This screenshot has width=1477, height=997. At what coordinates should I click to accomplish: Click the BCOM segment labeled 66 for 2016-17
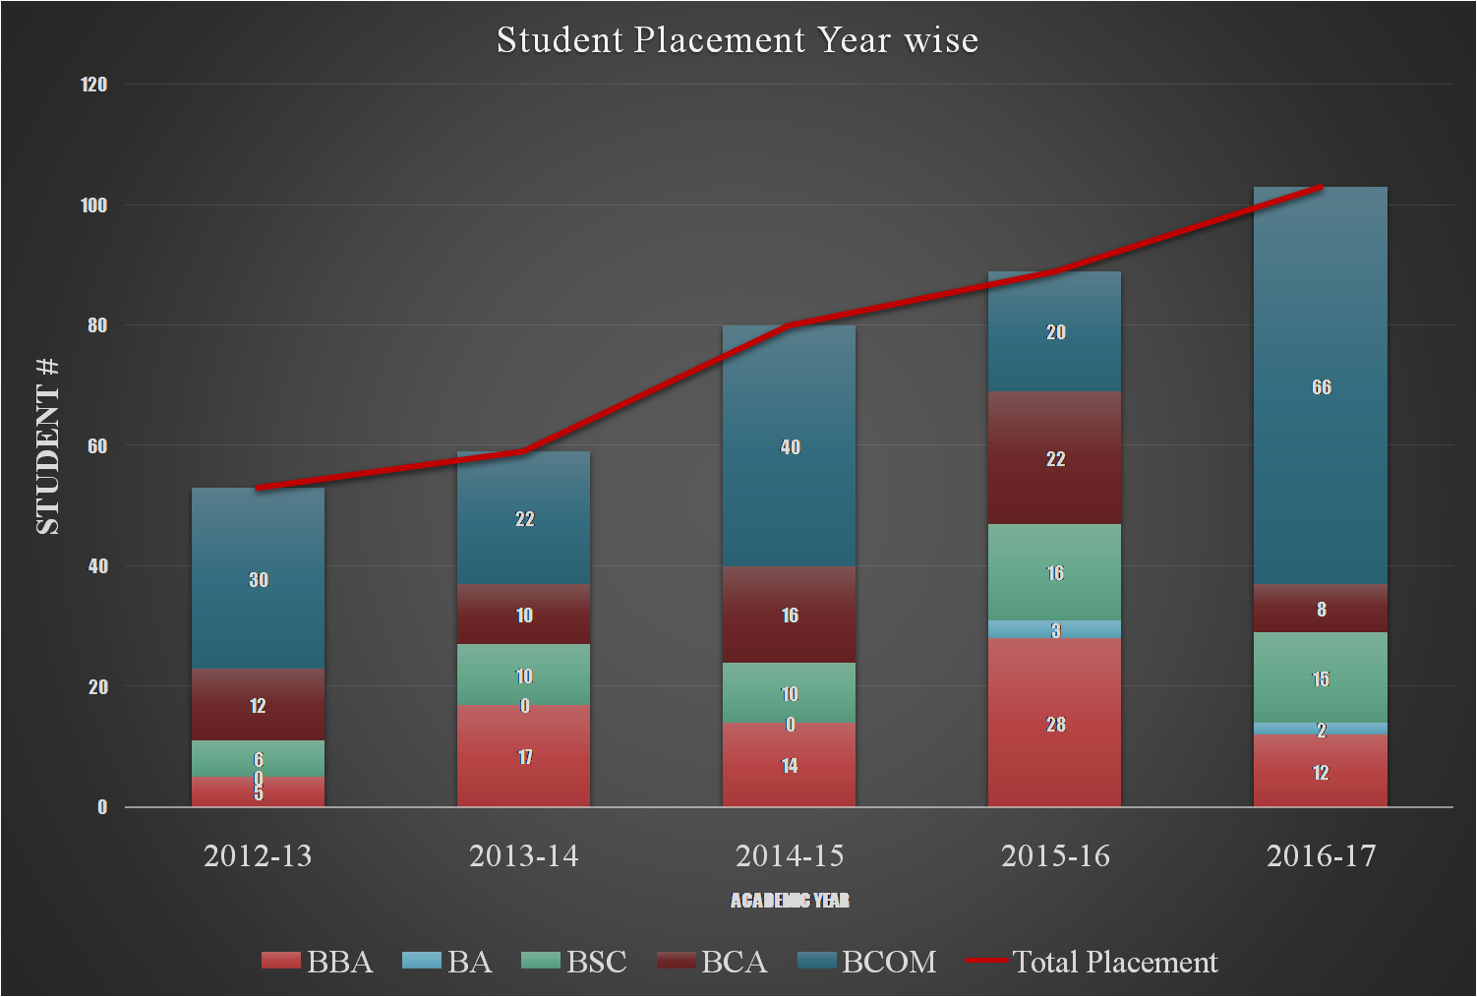[x=1320, y=413]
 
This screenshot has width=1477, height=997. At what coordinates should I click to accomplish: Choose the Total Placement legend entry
[x=1093, y=962]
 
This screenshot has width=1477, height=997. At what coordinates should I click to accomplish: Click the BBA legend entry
[x=318, y=962]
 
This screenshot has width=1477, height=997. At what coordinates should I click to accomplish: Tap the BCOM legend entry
[x=866, y=962]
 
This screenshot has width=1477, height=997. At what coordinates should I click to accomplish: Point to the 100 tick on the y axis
[x=94, y=205]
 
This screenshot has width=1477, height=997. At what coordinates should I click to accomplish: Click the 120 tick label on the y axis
[x=94, y=85]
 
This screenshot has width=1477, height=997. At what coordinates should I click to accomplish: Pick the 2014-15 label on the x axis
[x=790, y=856]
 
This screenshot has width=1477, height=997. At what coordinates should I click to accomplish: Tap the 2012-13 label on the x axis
[x=258, y=856]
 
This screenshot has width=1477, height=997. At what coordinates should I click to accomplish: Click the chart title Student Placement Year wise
[x=738, y=40]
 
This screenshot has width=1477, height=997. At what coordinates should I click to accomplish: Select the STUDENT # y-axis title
[x=47, y=447]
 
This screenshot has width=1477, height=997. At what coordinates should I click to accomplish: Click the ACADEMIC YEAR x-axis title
[x=790, y=901]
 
